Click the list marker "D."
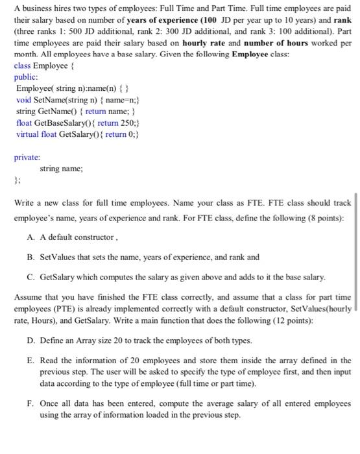32,340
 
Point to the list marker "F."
32,403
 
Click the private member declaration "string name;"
60,169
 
